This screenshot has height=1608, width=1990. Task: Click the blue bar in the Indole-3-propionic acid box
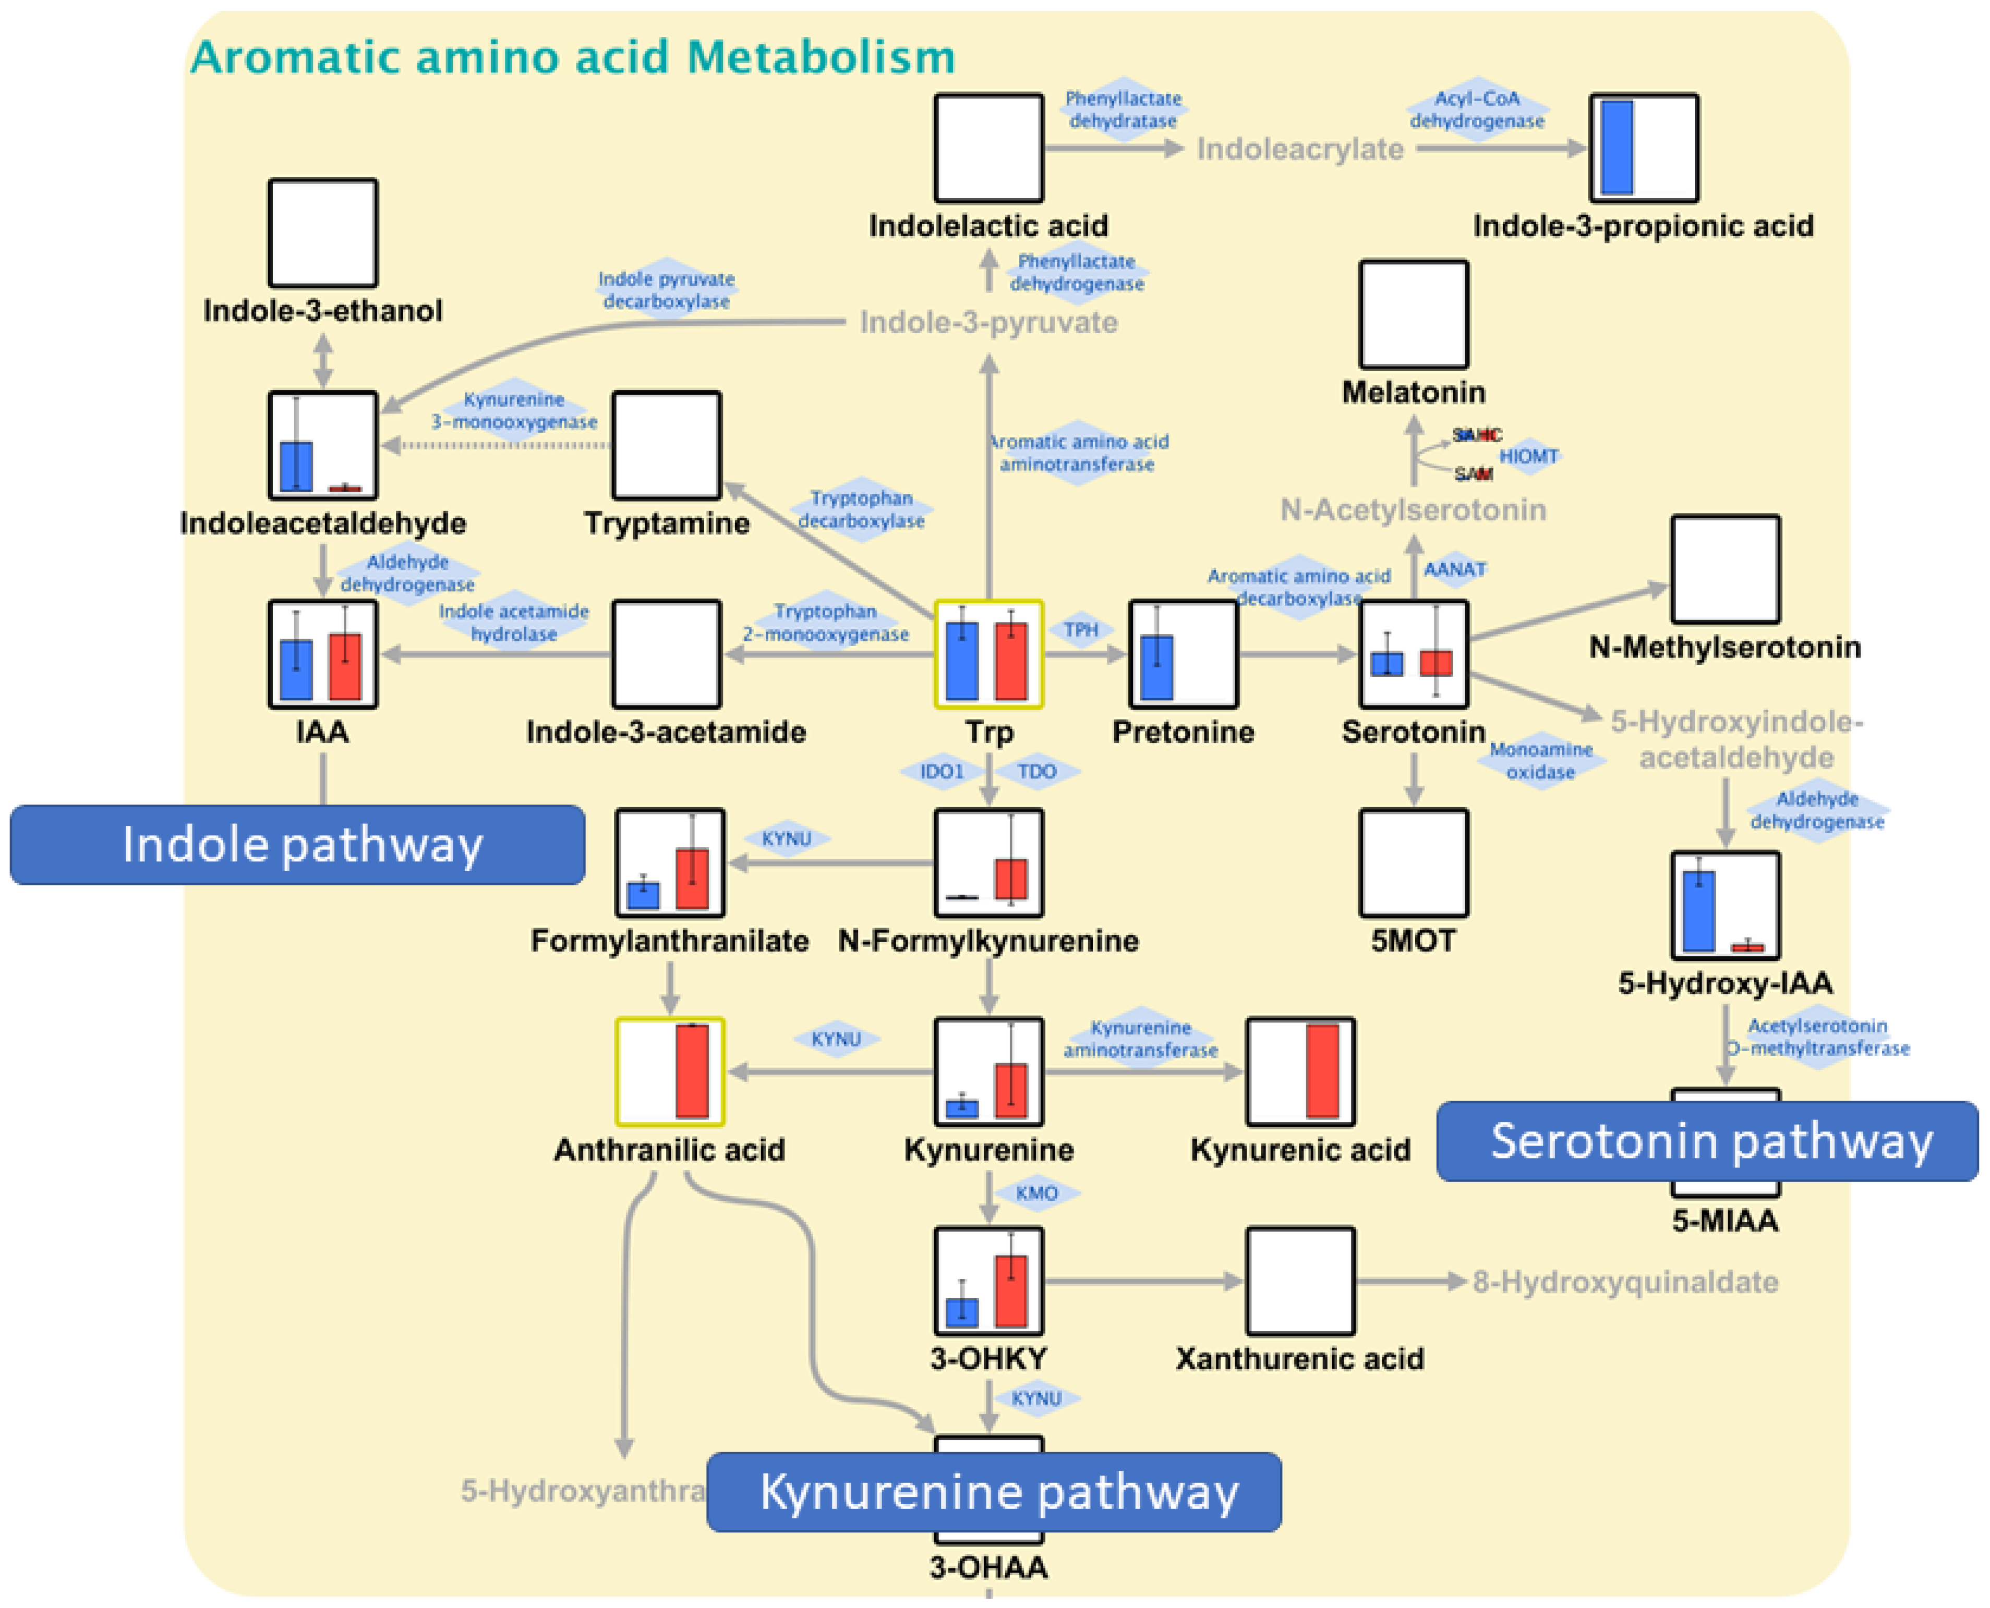tap(1617, 148)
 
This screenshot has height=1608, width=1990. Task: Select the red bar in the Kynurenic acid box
tap(1322, 1071)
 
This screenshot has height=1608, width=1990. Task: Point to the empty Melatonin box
tap(1413, 314)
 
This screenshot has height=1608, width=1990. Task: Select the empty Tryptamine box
tap(666, 445)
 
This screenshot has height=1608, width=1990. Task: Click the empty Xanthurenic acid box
tap(1300, 1281)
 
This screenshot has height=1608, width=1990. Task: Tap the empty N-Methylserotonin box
tap(1724, 569)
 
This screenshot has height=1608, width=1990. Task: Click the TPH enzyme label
tap(1080, 630)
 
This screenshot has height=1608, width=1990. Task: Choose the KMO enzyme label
tap(1036, 1193)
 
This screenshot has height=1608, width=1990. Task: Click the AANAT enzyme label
tap(1454, 569)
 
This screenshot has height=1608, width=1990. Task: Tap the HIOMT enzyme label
tap(1529, 456)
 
